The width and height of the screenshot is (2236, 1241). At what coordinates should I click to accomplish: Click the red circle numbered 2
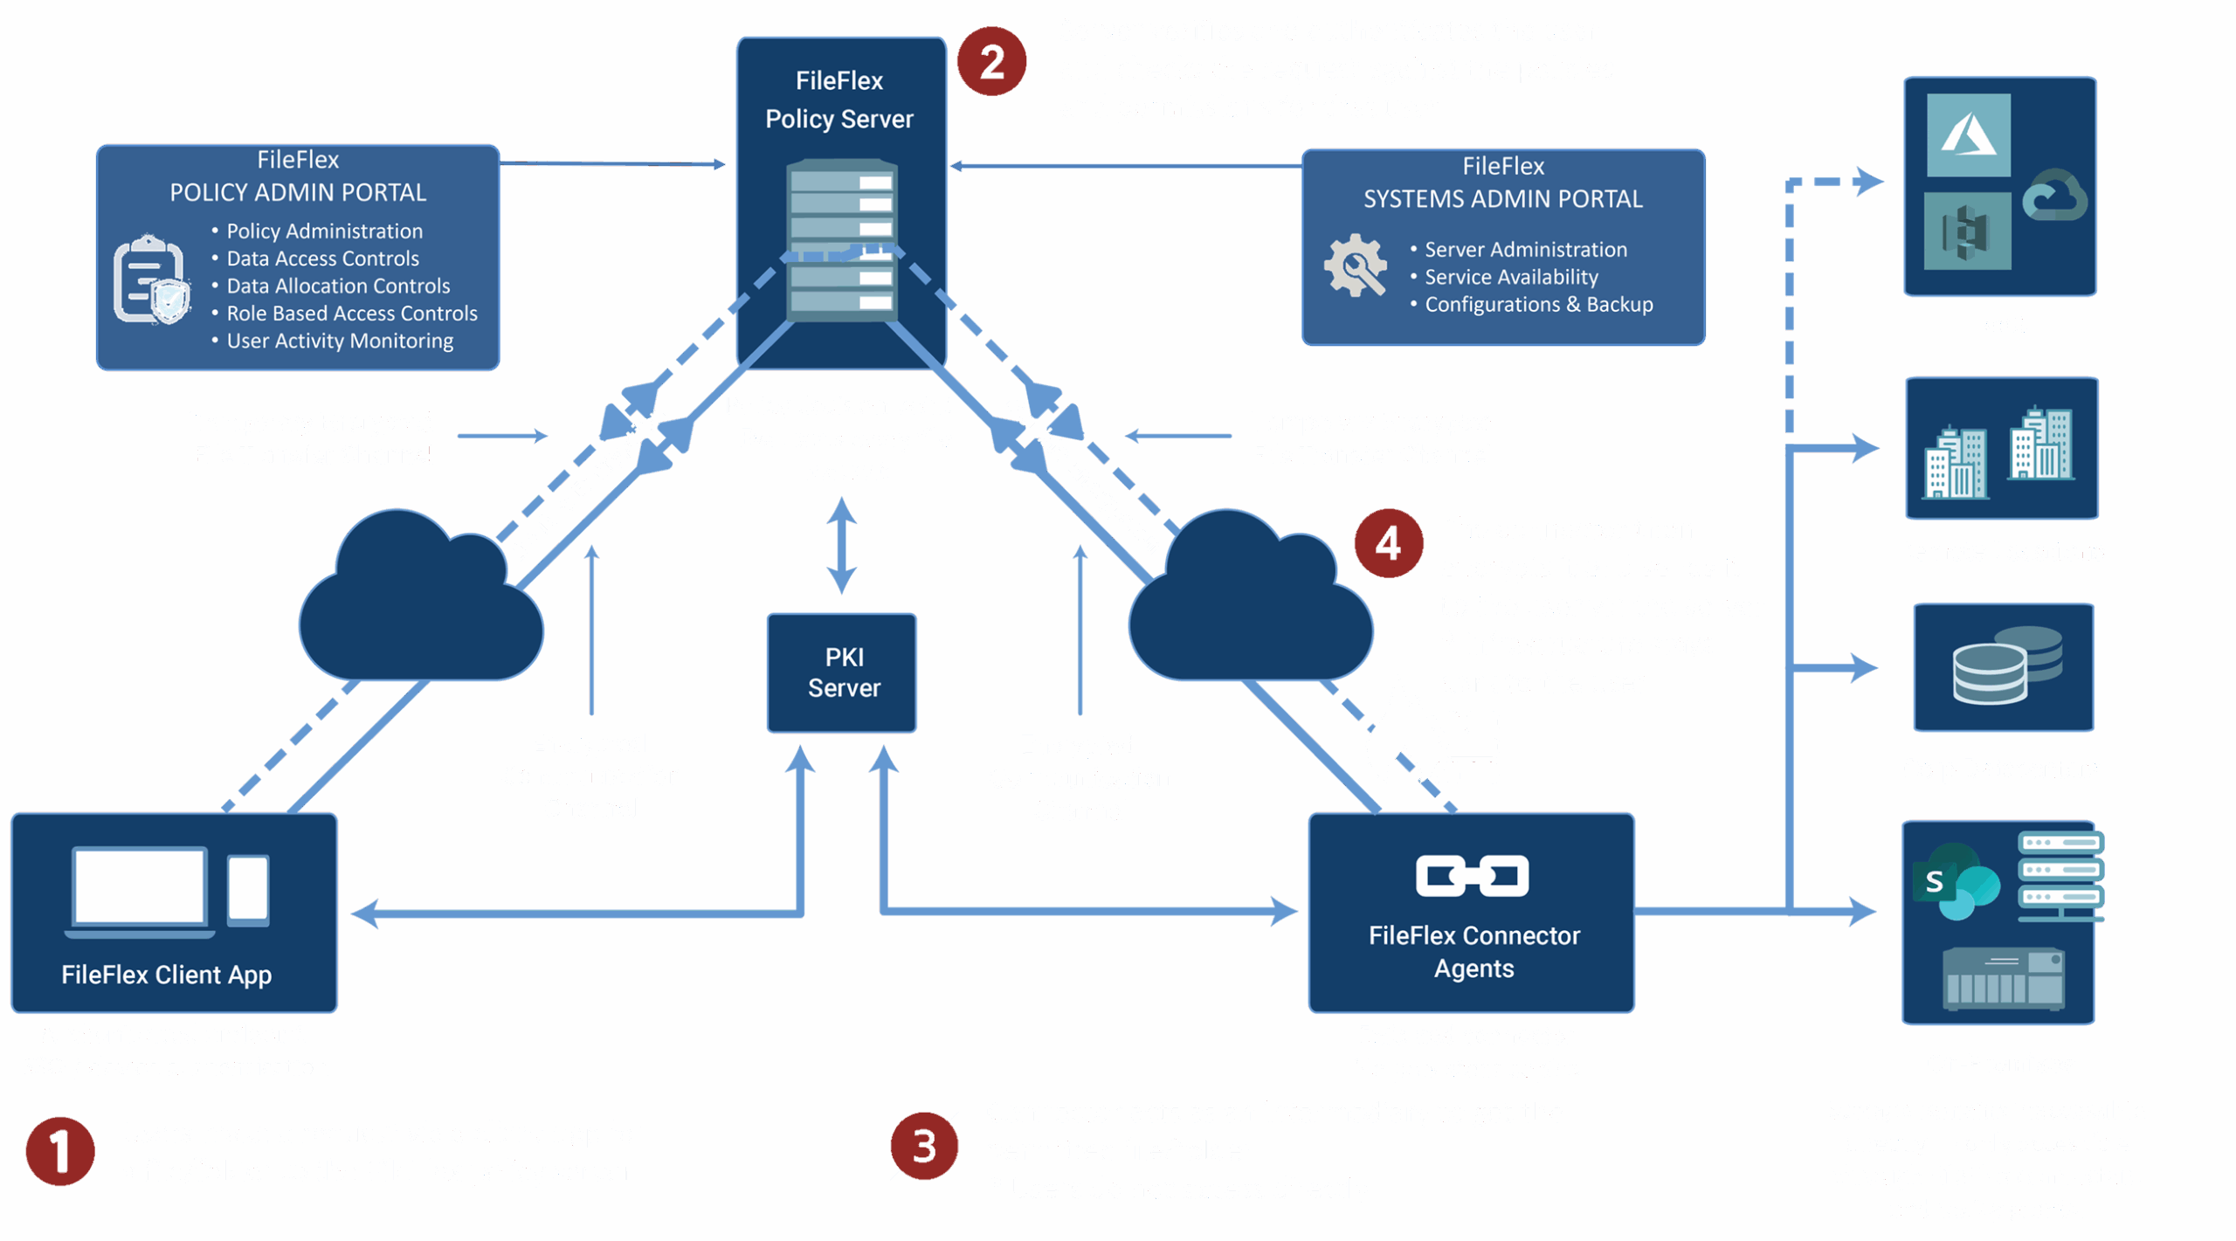tap(991, 61)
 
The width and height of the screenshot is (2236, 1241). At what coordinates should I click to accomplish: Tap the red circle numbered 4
tap(1389, 543)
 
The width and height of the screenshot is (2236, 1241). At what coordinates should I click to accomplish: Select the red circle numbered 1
tap(59, 1150)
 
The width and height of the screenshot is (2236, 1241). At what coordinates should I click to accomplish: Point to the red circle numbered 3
tap(924, 1146)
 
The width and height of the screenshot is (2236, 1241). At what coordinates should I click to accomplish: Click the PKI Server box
tap(842, 672)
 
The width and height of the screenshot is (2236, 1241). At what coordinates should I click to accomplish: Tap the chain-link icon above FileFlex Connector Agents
tap(1473, 876)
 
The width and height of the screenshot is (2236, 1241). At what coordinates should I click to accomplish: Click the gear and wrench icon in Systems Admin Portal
tap(1355, 265)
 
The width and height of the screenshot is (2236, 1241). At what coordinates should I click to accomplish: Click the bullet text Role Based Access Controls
tap(351, 313)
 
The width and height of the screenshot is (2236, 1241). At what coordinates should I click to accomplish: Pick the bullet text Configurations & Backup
tap(1538, 304)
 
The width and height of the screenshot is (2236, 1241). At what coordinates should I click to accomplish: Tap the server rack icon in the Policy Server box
tap(841, 239)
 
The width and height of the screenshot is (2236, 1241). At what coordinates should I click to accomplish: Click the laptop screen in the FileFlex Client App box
tap(140, 886)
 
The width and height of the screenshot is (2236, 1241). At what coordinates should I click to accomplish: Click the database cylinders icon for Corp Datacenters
tap(2006, 665)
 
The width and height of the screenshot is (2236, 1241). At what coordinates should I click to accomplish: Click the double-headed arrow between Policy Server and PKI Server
tap(841, 545)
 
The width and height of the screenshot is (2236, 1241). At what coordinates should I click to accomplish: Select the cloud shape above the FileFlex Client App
tap(420, 603)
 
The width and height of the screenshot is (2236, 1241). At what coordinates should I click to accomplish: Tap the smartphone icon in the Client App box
tap(248, 888)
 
